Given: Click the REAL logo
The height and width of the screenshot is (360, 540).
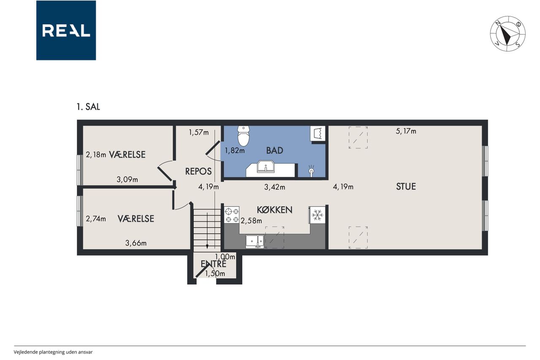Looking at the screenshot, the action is [x=66, y=30].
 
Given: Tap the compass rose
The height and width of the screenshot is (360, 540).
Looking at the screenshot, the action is [x=508, y=34].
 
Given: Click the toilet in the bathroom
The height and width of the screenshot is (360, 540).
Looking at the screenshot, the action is [x=243, y=135].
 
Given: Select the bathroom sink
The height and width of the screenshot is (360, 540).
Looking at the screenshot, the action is [x=266, y=166].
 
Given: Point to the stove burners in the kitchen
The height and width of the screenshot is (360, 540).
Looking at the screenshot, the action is [x=232, y=214].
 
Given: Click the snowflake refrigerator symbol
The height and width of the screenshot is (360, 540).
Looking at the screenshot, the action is [x=318, y=214].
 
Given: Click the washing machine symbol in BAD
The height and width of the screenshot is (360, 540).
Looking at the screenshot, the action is [x=318, y=133].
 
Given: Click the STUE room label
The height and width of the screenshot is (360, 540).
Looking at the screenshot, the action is [x=406, y=187].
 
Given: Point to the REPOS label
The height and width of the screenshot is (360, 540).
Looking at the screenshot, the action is [x=198, y=171].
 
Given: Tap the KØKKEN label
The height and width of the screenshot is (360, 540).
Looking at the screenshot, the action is [x=274, y=210].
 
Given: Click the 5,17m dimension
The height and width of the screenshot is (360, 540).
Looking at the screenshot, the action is [x=406, y=131].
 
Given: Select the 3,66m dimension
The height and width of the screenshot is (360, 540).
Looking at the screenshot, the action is [x=136, y=243].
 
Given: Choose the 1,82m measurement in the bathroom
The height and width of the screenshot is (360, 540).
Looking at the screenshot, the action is [x=235, y=151].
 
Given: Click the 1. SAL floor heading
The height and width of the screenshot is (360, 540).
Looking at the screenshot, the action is [x=88, y=107].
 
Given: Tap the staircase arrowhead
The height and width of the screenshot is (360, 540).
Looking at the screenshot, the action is [x=207, y=246].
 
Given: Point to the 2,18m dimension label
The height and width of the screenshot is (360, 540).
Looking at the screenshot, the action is [x=96, y=155].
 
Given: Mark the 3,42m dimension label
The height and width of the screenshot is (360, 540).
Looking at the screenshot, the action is [x=275, y=187].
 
